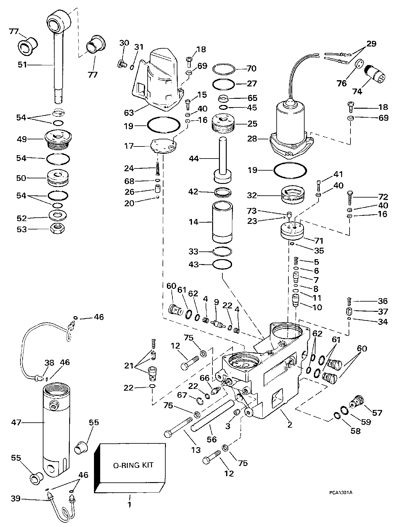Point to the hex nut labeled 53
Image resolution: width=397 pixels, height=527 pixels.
[57, 229]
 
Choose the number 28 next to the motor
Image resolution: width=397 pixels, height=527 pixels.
[252, 139]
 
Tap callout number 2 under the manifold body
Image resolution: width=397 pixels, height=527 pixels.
[290, 425]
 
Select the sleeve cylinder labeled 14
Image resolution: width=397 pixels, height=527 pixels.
[222, 222]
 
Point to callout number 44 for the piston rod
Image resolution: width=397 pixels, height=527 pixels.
[194, 159]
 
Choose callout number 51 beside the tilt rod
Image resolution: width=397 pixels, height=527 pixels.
[22, 65]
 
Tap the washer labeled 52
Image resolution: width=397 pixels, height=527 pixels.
[58, 215]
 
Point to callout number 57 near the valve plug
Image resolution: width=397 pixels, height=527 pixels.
[377, 412]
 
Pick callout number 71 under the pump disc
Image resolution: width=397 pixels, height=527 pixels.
[319, 241]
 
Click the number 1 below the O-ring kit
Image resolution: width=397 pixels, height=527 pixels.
[129, 505]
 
